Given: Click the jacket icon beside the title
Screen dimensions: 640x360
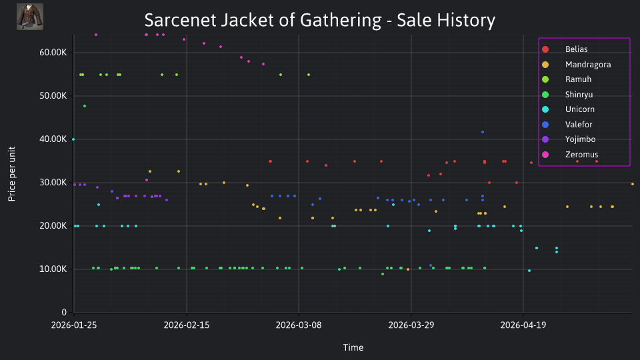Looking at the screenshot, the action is tap(30, 17).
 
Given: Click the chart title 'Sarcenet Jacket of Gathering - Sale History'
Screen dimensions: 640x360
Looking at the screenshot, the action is tap(319, 20).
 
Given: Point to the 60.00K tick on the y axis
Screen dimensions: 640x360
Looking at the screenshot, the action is tap(53, 53).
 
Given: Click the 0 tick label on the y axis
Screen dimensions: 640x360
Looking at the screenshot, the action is tap(64, 313).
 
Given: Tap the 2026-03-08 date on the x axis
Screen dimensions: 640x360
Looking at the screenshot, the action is tap(299, 325).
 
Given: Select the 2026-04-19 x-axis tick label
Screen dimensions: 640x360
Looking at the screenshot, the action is tap(523, 325).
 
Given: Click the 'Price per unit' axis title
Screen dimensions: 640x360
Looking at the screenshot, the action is tap(12, 174).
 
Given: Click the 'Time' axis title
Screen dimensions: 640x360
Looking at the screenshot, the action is tap(353, 348).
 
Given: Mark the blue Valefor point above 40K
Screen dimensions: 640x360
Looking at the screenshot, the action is tap(483, 132).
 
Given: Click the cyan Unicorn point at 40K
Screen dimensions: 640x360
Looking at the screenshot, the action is tap(73, 139).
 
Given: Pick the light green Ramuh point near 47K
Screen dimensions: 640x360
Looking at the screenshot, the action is tap(85, 106).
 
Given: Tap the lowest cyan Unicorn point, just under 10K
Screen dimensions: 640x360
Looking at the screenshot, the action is tap(529, 271).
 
